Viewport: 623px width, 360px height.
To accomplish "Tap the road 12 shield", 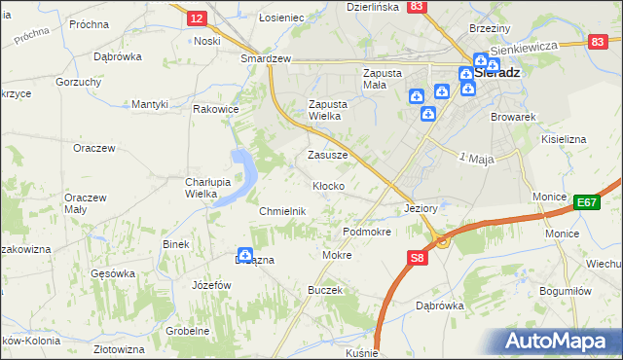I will pos(196,18).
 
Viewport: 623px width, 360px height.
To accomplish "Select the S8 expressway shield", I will pos(417,258).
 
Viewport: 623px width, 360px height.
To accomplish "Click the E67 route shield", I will pos(585,202).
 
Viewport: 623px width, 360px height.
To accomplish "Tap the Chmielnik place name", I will pos(282,211).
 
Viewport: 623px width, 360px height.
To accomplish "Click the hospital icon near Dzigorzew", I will pos(245,255).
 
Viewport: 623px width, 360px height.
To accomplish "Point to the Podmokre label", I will pos(367,233).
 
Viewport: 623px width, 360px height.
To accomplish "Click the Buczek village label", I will pos(324,291).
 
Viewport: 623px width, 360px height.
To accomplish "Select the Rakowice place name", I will pos(216,109).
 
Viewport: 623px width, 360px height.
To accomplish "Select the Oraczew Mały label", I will pos(84,201).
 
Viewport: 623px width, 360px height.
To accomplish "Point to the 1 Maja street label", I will pos(477,158).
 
